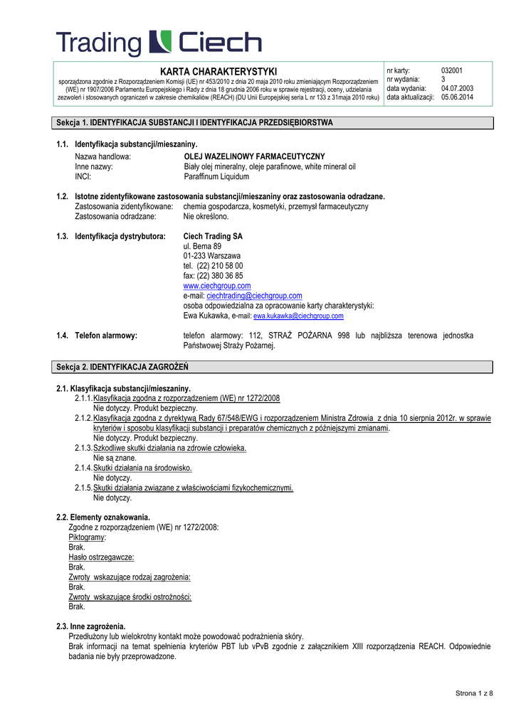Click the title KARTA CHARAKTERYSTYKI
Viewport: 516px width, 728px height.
(x=218, y=72)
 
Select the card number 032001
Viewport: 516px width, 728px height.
(x=452, y=71)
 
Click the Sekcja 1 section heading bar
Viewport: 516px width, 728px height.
(x=274, y=123)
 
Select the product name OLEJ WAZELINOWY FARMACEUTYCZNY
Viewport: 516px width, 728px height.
(x=254, y=156)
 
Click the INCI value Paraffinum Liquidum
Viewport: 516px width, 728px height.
(x=216, y=176)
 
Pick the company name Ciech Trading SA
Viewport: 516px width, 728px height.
(x=213, y=235)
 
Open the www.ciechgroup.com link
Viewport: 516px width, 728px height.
(x=217, y=285)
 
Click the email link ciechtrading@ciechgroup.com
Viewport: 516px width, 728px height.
(x=254, y=295)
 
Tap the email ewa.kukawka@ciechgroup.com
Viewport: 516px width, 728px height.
(x=298, y=316)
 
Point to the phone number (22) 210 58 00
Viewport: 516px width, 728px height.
(x=220, y=265)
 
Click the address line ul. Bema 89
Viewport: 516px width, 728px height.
(x=202, y=245)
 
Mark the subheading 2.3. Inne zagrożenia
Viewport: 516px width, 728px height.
(x=90, y=626)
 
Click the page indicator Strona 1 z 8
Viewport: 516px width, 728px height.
(x=474, y=693)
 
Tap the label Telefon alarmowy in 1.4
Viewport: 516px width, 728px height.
(x=106, y=336)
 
